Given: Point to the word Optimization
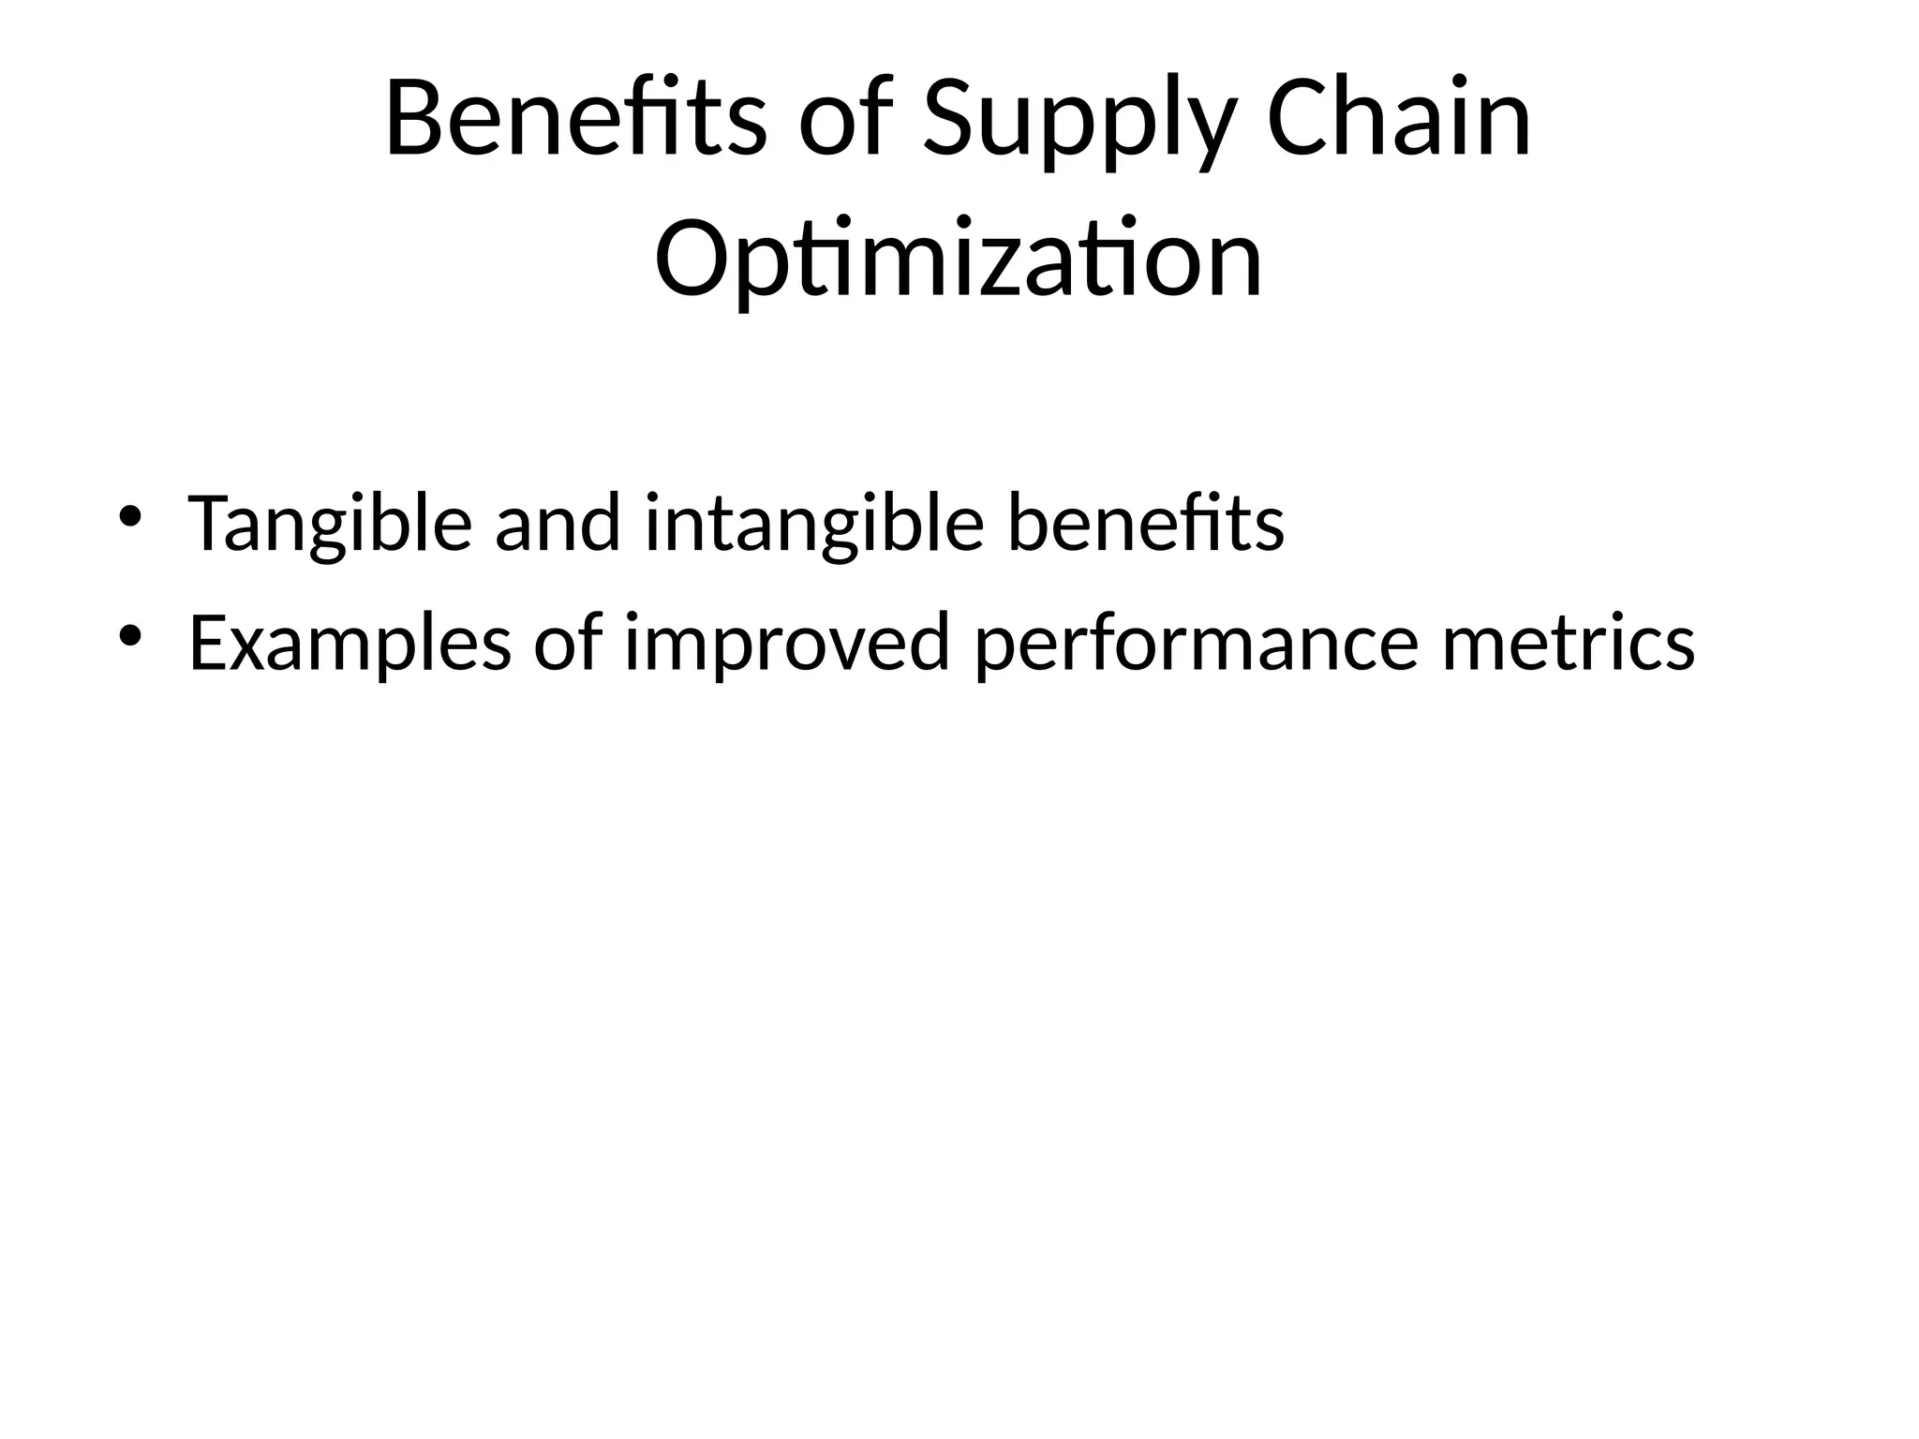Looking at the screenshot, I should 958,260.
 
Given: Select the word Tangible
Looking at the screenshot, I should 330,526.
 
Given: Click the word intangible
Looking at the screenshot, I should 814,526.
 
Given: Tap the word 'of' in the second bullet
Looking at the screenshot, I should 568,643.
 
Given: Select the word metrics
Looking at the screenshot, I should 1569,643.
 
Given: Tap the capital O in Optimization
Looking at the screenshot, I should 690,260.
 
